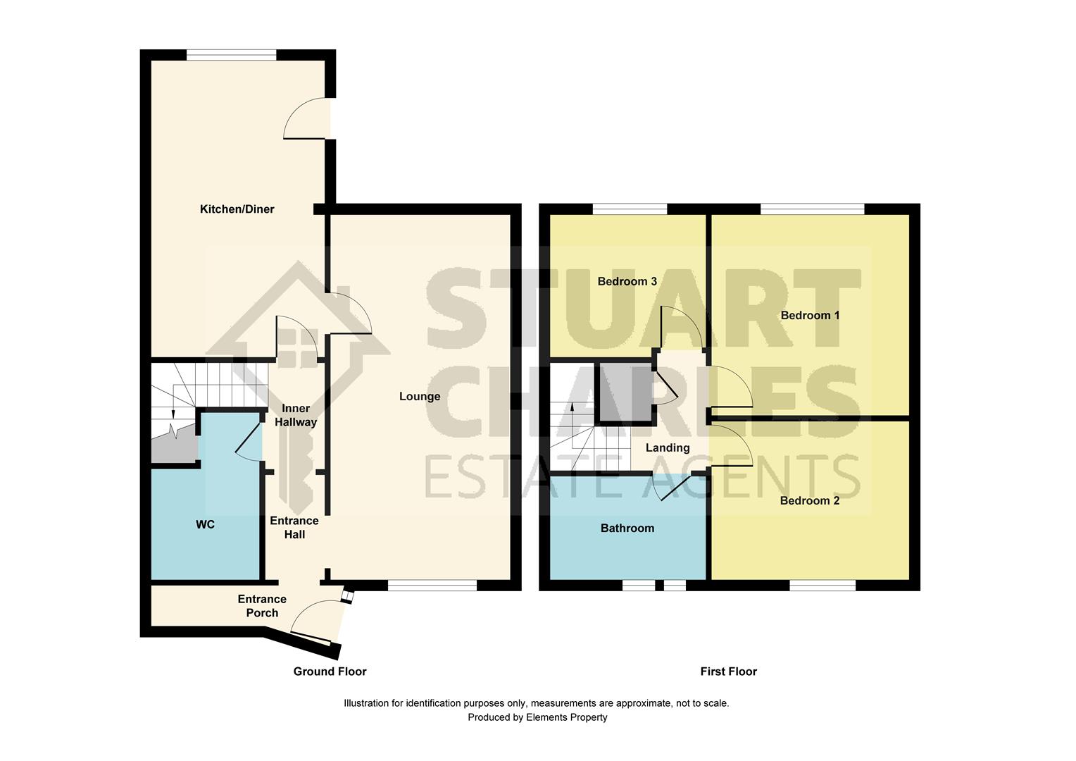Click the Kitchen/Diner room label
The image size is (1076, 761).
[237, 209]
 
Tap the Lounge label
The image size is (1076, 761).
[420, 396]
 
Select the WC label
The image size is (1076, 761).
[205, 524]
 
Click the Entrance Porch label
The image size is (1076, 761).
[262, 605]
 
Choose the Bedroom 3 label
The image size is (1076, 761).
[627, 281]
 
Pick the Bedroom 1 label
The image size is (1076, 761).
[810, 315]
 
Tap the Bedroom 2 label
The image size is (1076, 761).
[809, 500]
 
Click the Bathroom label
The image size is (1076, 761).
[627, 528]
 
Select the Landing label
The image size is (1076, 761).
[668, 447]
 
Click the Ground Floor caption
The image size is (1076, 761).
[330, 672]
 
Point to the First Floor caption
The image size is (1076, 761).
[728, 672]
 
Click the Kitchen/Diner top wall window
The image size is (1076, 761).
[231, 54]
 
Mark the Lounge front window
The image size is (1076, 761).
[432, 585]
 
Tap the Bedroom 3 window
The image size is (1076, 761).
[630, 209]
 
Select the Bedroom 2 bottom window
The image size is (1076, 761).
[822, 585]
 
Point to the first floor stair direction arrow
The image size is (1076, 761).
[572, 407]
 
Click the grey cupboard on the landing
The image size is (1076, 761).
[625, 393]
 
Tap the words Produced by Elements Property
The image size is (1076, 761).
[537, 717]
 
